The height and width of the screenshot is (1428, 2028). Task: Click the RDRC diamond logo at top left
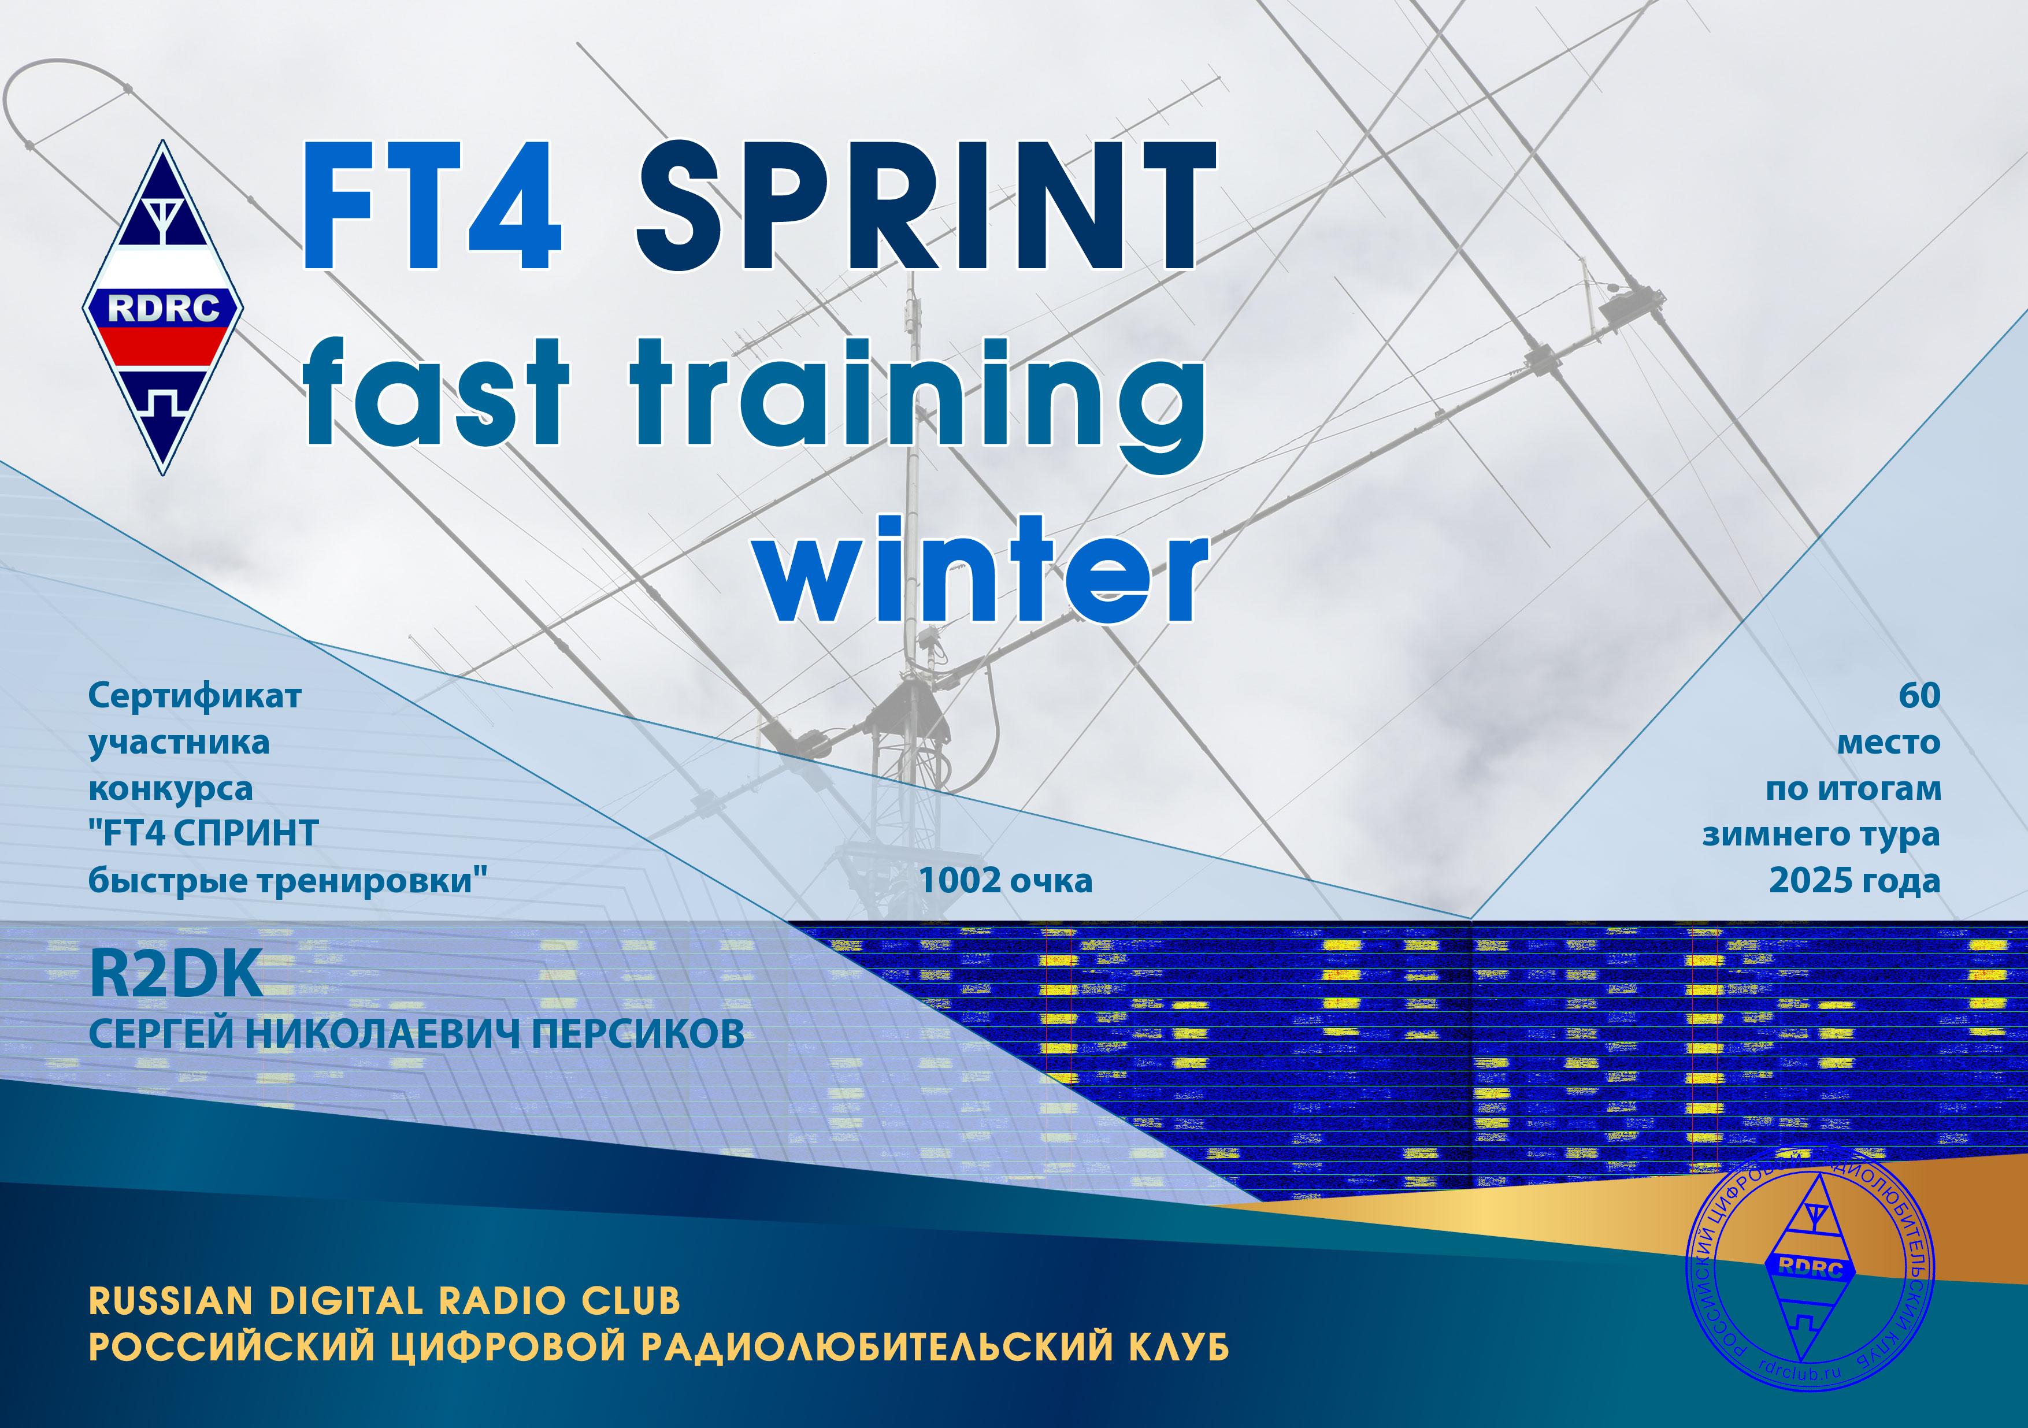click(x=164, y=307)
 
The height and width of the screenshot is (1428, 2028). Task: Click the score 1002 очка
click(x=1006, y=881)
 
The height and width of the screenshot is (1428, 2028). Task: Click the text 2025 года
click(x=1855, y=881)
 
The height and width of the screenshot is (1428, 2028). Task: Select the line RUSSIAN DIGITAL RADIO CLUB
click(x=385, y=1301)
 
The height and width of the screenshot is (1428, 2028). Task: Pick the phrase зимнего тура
click(x=1821, y=834)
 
